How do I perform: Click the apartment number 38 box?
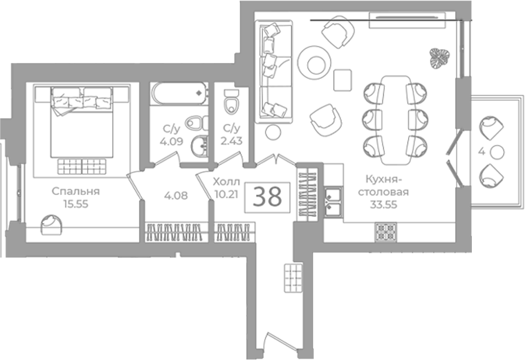[x=267, y=197]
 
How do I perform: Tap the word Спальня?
[x=76, y=191]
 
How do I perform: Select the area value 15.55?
[x=76, y=204]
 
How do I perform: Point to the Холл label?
[x=227, y=182]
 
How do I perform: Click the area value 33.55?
[x=384, y=204]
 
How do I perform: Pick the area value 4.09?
[x=171, y=141]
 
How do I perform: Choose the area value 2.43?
[x=231, y=141]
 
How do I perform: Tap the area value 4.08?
[x=176, y=195]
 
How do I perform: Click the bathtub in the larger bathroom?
[x=179, y=94]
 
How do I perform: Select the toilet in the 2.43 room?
[x=231, y=101]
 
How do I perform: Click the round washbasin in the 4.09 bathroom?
[x=200, y=146]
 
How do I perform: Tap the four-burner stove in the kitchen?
[x=385, y=232]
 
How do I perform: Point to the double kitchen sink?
[x=333, y=201]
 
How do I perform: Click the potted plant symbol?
[x=439, y=58]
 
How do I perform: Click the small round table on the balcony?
[x=497, y=152]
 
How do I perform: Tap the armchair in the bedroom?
[x=51, y=225]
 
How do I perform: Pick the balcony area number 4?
[x=481, y=151]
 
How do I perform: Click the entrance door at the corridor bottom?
[x=280, y=342]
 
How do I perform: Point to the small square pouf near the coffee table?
[x=343, y=80]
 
